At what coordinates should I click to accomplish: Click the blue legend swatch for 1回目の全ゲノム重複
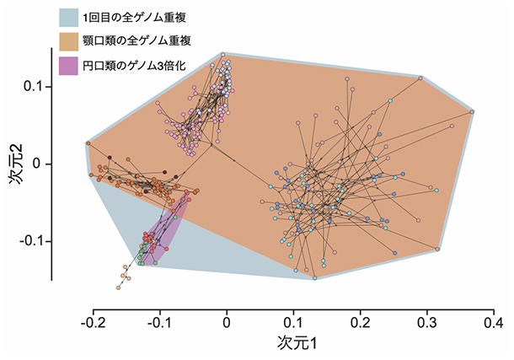[75, 17]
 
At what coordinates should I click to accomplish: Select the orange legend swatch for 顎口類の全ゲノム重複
[75, 40]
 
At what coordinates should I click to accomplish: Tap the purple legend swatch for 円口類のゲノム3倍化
[75, 64]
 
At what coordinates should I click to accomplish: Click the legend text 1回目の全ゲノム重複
[142, 17]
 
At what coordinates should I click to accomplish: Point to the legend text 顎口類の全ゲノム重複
[143, 40]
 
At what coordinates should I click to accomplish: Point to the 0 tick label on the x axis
[226, 321]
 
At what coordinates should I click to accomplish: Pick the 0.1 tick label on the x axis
[293, 321]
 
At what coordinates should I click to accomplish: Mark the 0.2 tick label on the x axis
[360, 321]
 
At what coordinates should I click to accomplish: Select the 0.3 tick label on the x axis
[427, 321]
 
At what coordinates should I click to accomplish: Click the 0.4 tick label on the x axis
[494, 321]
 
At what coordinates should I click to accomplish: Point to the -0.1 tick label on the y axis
[29, 241]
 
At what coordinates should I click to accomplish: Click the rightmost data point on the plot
[473, 111]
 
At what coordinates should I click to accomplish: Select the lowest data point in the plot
[120, 287]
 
